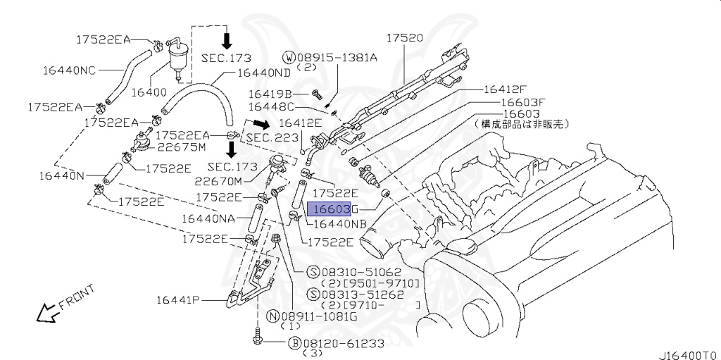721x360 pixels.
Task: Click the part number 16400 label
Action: (x=149, y=93)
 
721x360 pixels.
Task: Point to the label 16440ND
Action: (x=263, y=72)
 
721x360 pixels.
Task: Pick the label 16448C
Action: (x=270, y=107)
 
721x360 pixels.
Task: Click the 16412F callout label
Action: (x=504, y=89)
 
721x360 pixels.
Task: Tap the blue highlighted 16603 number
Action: (x=329, y=209)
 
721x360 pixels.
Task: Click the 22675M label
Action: (x=181, y=147)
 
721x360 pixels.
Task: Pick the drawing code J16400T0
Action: (x=689, y=354)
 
